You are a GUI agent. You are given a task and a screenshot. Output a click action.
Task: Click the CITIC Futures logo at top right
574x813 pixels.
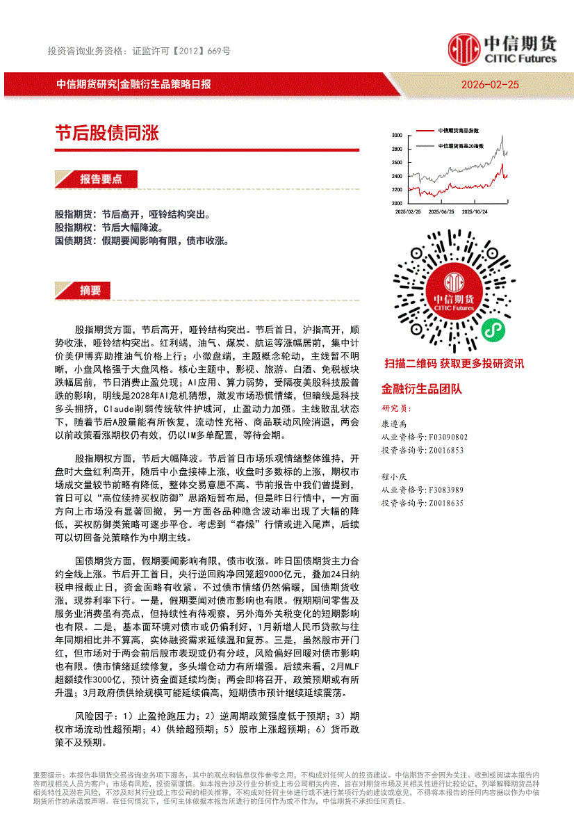[502, 49]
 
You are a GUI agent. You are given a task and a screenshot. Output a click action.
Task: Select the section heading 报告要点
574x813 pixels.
[100, 179]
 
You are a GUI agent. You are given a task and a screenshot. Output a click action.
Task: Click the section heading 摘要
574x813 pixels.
[90, 290]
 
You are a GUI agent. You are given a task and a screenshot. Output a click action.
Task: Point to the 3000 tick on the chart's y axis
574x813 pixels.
[397, 135]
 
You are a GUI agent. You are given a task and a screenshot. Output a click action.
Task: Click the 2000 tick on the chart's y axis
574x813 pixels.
[397, 203]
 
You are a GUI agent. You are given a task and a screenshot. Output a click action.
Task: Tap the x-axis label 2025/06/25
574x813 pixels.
[441, 211]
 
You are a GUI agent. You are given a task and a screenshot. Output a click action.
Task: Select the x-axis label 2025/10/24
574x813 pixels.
[475, 211]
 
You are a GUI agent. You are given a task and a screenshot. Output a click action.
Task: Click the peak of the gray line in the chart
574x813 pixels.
[502, 137]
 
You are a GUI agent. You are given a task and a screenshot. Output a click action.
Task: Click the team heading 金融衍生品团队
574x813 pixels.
[421, 389]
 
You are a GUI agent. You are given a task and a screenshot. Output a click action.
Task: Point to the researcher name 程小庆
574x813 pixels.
[393, 477]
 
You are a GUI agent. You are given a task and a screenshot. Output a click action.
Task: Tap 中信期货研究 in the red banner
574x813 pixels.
[86, 84]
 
